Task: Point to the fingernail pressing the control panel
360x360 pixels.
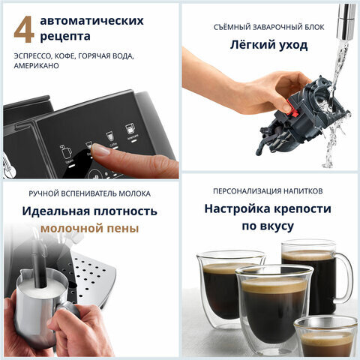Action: click(98, 149)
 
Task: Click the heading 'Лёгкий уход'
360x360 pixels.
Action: click(268, 45)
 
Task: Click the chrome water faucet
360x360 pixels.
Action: click(346, 15)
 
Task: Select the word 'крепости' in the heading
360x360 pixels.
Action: click(301, 208)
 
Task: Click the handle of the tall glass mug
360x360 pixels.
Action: click(346, 274)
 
